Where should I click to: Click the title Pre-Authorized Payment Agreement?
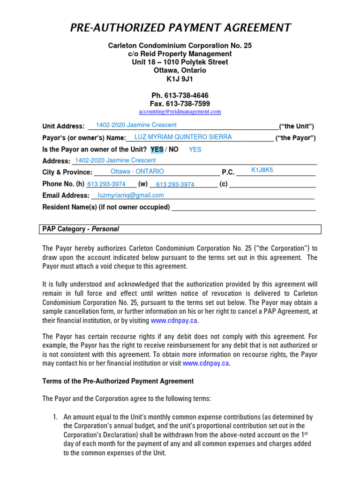click(x=180, y=28)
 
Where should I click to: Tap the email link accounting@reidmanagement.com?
click(x=180, y=112)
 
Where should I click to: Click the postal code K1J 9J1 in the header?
click(x=180, y=79)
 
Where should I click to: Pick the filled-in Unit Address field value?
click(x=136, y=125)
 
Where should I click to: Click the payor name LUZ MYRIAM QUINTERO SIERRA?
click(x=183, y=137)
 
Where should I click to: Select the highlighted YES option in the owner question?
click(x=157, y=150)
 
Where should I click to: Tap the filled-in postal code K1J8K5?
click(x=262, y=170)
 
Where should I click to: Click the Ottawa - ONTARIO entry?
click(x=137, y=172)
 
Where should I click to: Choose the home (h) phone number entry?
click(x=106, y=184)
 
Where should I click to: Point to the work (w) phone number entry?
click(x=175, y=185)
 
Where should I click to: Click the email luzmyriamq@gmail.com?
click(x=131, y=195)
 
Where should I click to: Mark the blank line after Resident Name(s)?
click(x=244, y=208)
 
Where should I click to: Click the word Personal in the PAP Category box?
click(x=105, y=229)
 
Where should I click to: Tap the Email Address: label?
click(x=66, y=195)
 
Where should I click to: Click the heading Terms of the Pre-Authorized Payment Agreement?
click(x=118, y=381)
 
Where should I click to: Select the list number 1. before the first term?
click(x=55, y=417)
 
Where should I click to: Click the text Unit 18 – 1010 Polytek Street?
click(x=180, y=62)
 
